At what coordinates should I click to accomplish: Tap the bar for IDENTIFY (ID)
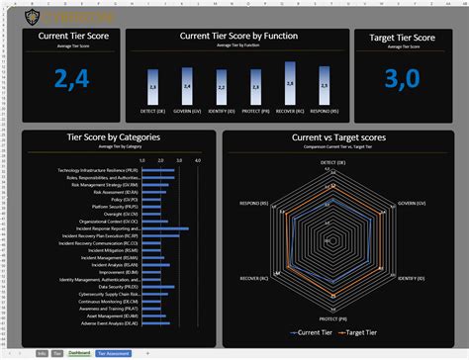click(x=223, y=88)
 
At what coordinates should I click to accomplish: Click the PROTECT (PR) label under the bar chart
click(x=256, y=111)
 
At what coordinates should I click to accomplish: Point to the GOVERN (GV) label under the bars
click(x=188, y=111)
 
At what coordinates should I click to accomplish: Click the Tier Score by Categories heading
click(x=116, y=138)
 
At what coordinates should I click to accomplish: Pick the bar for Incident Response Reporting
click(x=164, y=227)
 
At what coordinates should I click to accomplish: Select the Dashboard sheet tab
click(x=78, y=351)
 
